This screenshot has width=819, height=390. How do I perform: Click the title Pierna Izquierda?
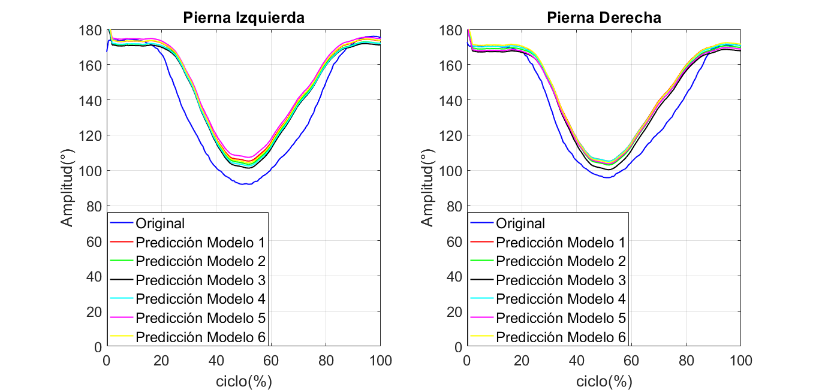[243, 18]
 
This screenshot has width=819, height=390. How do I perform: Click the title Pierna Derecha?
[604, 18]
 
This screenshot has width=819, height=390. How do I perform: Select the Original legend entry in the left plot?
[160, 223]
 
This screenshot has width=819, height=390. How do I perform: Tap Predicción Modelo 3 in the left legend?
[200, 280]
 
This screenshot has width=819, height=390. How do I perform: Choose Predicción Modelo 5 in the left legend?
[200, 318]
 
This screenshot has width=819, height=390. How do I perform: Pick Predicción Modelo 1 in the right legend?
[561, 243]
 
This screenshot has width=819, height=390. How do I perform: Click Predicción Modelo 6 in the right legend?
[561, 337]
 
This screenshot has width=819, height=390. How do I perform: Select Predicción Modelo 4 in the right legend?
[561, 298]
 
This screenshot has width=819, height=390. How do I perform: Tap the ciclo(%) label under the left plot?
[243, 381]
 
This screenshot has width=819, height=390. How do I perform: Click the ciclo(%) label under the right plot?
[604, 381]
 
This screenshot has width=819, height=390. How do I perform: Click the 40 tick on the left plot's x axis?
[216, 361]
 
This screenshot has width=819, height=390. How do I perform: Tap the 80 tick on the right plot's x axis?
[686, 361]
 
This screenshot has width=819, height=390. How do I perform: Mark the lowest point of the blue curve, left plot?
[244, 184]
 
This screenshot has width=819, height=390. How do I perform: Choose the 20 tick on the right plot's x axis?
[522, 361]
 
